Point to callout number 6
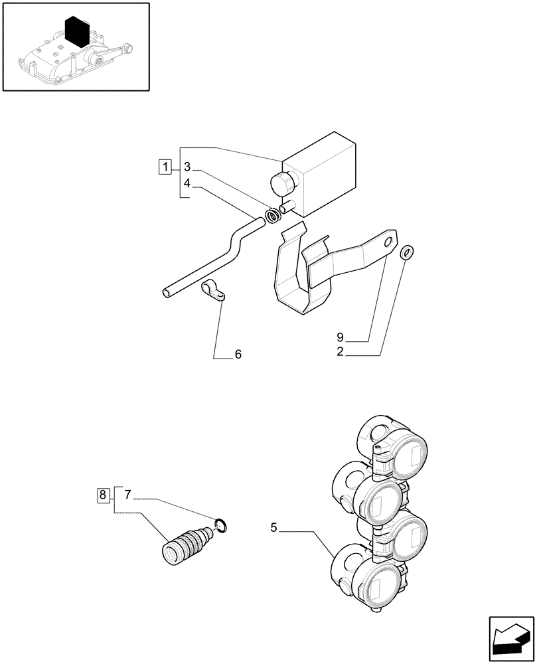click(x=237, y=355)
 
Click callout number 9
click(x=340, y=337)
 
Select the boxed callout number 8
click(x=102, y=494)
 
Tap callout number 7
click(x=127, y=494)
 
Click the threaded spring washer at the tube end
click(x=271, y=216)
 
